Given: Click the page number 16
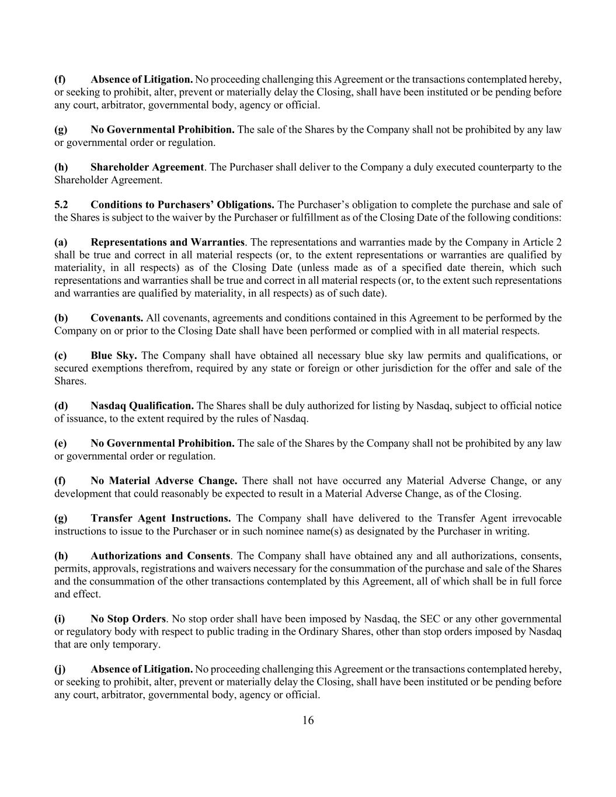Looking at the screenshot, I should pyautogui.click(x=308, y=720).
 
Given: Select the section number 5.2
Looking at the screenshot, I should pyautogui.click(x=61, y=204).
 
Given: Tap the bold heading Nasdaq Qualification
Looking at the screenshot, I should pyautogui.click(x=142, y=405).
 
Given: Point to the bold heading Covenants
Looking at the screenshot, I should pyautogui.click(x=117, y=318).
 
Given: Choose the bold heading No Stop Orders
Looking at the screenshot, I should pyautogui.click(x=128, y=618).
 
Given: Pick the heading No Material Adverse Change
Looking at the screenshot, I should pyautogui.click(x=163, y=481).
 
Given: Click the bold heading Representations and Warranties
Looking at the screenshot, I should pyautogui.click(x=168, y=242).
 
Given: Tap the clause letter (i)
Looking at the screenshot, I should pyautogui.click(x=60, y=618).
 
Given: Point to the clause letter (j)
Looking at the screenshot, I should pyautogui.click(x=60, y=669).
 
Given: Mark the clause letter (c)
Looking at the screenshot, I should pyautogui.click(x=60, y=355).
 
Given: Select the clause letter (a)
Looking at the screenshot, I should pyautogui.click(x=61, y=242).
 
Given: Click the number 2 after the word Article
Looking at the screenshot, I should pyautogui.click(x=559, y=242).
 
